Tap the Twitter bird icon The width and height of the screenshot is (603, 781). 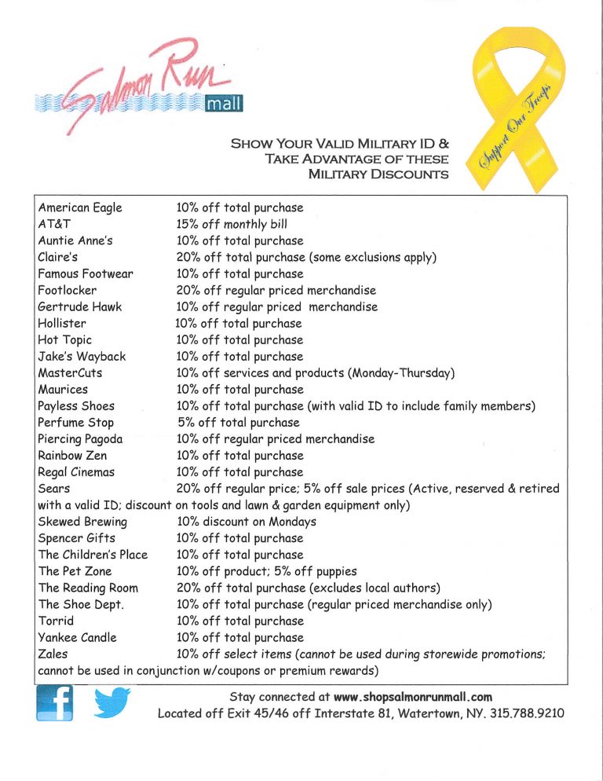click(x=111, y=702)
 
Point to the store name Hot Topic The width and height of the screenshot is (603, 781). click(x=64, y=339)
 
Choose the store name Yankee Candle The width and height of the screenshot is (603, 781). click(x=77, y=637)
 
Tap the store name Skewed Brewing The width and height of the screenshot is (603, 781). click(x=82, y=522)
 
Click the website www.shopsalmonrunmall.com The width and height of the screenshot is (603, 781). click(x=412, y=696)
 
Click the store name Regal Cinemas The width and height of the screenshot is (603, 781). click(x=76, y=472)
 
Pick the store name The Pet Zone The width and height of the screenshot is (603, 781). click(x=75, y=571)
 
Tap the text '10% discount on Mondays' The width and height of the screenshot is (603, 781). click(x=247, y=522)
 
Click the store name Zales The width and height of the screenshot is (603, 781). click(x=53, y=654)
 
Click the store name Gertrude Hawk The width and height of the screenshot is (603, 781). click(x=79, y=306)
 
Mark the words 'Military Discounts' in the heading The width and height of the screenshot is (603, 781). click(x=379, y=174)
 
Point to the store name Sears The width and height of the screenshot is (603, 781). click(x=52, y=489)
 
